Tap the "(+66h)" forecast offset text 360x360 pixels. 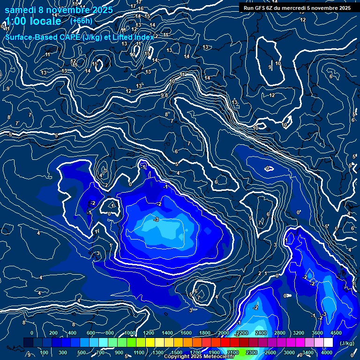[x=81, y=21]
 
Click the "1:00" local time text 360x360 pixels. [x=17, y=21]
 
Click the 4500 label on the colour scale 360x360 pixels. [x=336, y=333]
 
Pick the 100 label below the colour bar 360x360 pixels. [x=44, y=352]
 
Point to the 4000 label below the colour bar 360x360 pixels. [x=327, y=352]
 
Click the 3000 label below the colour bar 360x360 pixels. [x=289, y=352]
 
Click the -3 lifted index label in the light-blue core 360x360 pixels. [x=156, y=219]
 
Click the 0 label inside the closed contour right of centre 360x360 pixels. [x=268, y=168]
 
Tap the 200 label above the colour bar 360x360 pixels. [x=53, y=333]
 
